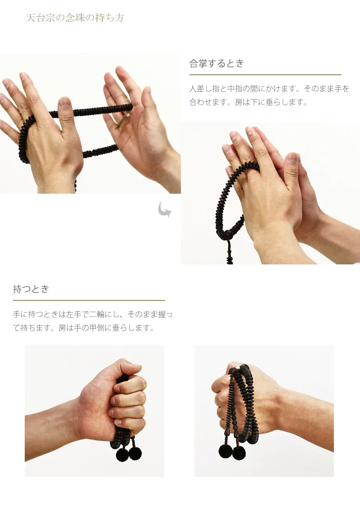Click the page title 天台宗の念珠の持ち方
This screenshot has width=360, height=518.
coord(75,18)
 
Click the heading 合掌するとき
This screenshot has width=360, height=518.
coord(216,64)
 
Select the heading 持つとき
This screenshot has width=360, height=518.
coord(31,289)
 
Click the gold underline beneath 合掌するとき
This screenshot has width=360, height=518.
coord(265,75)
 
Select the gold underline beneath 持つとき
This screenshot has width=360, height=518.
coord(89,300)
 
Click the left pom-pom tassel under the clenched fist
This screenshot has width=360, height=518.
coord(122,455)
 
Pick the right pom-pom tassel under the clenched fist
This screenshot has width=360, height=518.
coord(135,453)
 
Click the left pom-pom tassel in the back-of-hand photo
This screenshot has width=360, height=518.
coord(225,451)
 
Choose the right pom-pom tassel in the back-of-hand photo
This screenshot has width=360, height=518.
coord(239,452)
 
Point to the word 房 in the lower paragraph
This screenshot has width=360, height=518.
coord(63,328)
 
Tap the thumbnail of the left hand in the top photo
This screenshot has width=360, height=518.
coord(66,103)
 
